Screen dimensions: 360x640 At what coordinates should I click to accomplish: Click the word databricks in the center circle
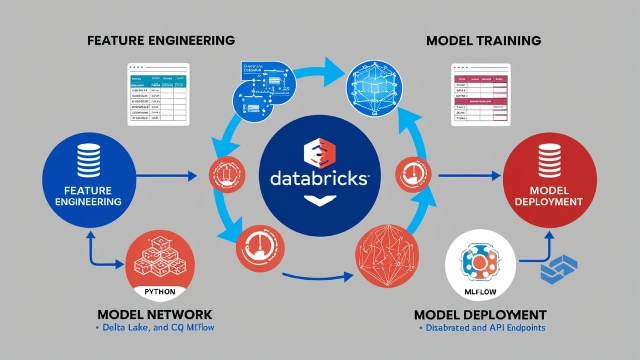coord(318,179)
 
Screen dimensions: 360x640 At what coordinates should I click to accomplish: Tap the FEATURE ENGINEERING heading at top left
coord(160,40)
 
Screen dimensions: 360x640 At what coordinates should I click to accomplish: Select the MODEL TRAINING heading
coord(484,40)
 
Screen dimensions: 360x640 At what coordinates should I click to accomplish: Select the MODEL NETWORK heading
coord(155,315)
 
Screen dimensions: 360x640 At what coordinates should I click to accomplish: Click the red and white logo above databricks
coord(319,152)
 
